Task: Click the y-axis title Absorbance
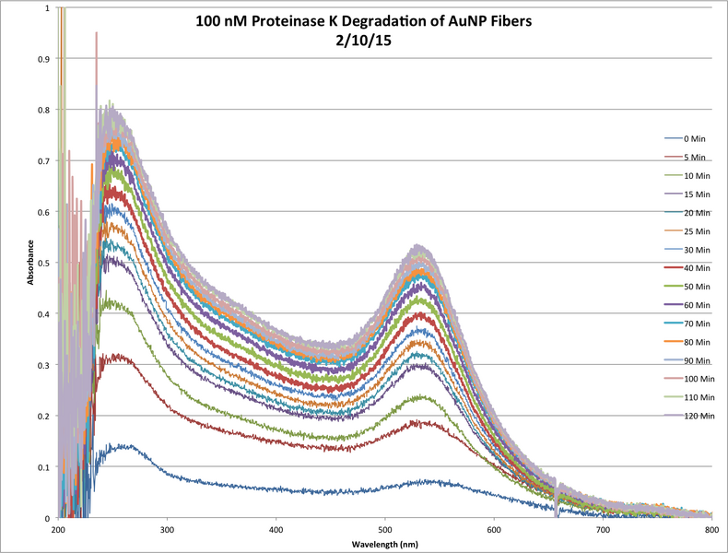(32, 263)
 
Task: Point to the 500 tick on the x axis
(493, 531)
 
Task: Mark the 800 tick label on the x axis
(710, 531)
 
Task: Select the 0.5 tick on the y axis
(44, 264)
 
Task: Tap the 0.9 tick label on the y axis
(44, 59)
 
